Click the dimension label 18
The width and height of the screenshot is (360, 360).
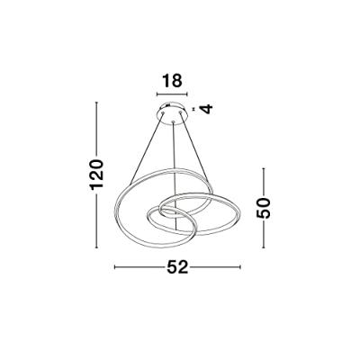point(172,81)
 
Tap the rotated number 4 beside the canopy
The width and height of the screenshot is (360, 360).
point(206,108)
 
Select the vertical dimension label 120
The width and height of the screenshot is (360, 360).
point(97,175)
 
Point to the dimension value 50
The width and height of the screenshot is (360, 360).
point(264,208)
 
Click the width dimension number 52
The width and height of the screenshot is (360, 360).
point(177,266)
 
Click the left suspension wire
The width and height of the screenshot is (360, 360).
point(147,148)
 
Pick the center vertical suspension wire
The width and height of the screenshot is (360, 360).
point(173,175)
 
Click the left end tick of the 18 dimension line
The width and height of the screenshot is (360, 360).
point(157,94)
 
